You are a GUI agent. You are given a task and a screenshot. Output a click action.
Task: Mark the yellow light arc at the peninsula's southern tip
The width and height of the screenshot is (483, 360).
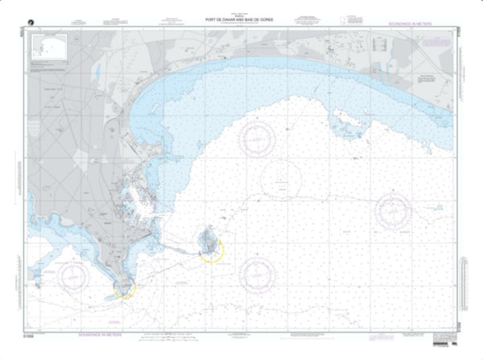point(125,288)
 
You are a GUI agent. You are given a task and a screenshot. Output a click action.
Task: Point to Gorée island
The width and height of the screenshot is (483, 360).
point(208,239)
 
